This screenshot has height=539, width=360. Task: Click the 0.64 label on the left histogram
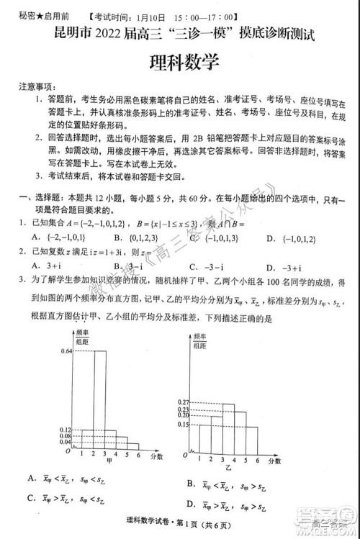(x=67, y=350)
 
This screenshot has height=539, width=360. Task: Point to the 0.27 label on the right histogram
(x=181, y=402)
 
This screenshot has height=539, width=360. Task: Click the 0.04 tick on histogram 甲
(x=66, y=443)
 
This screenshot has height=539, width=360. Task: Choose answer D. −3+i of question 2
(x=282, y=264)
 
